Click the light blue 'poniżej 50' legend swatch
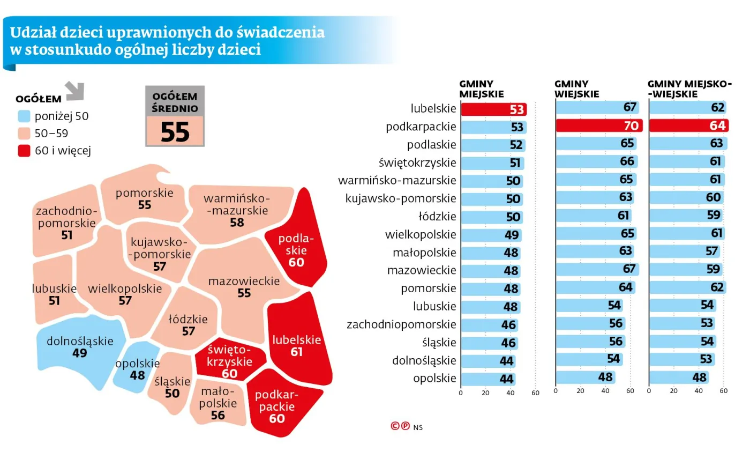23,116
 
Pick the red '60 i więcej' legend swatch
23,151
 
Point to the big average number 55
175,131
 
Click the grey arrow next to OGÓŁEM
74,91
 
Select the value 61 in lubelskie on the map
296,352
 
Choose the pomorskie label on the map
144,193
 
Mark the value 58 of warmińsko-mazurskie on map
237,222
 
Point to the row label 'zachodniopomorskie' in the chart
401,324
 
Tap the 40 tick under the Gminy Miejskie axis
510,393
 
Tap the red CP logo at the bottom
400,426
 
